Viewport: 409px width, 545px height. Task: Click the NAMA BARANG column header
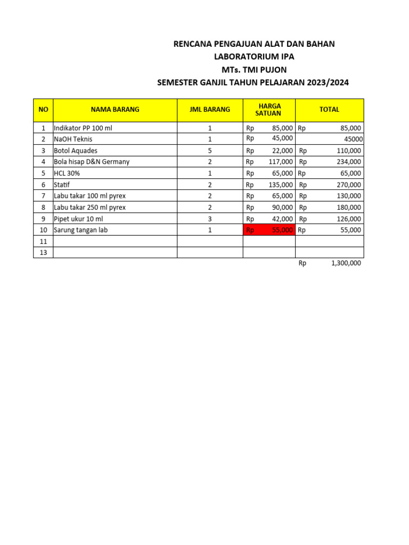[115, 110]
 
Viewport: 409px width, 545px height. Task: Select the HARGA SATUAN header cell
[269, 110]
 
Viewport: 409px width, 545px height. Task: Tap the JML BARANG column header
[210, 110]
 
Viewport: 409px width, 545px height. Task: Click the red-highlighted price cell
[269, 230]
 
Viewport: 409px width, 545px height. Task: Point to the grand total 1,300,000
[346, 263]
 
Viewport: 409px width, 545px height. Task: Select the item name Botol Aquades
[76, 151]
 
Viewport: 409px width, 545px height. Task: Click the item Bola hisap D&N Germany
[92, 162]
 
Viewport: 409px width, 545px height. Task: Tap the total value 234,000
[348, 162]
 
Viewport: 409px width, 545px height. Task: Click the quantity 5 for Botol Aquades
[210, 151]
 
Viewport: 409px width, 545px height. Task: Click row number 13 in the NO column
[43, 253]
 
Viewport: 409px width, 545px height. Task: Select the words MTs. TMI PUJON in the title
[254, 70]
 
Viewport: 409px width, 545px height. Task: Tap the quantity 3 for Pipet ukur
[210, 219]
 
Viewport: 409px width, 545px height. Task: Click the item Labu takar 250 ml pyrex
[89, 208]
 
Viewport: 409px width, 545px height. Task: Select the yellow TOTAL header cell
[329, 110]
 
